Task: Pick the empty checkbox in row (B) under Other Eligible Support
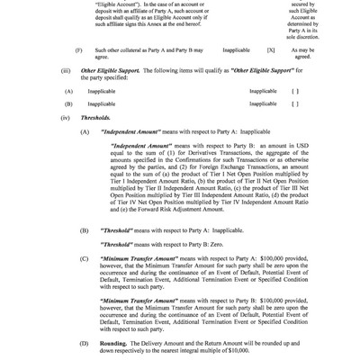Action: coord(296,103)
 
